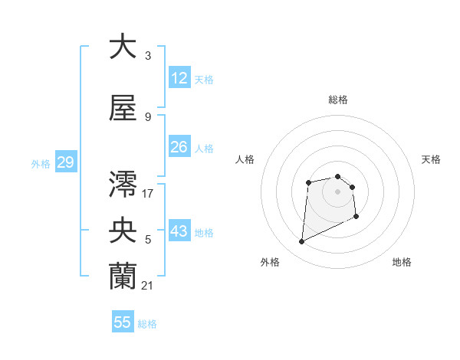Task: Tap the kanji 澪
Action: (x=123, y=182)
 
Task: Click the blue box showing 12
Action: (x=179, y=78)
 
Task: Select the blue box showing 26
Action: (x=179, y=147)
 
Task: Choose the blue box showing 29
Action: (x=65, y=162)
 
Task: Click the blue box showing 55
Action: (x=123, y=322)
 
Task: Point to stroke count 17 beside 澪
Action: (x=148, y=193)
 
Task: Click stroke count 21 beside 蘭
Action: (x=148, y=286)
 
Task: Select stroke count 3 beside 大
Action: (x=148, y=55)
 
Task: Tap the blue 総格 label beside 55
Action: (x=147, y=324)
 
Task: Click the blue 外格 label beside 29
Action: (x=41, y=164)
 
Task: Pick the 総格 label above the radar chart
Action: (x=338, y=100)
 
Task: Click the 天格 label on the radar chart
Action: (x=432, y=159)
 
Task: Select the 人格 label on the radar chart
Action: (x=245, y=159)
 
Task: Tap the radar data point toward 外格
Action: (x=301, y=242)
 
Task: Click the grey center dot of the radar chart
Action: (x=338, y=191)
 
